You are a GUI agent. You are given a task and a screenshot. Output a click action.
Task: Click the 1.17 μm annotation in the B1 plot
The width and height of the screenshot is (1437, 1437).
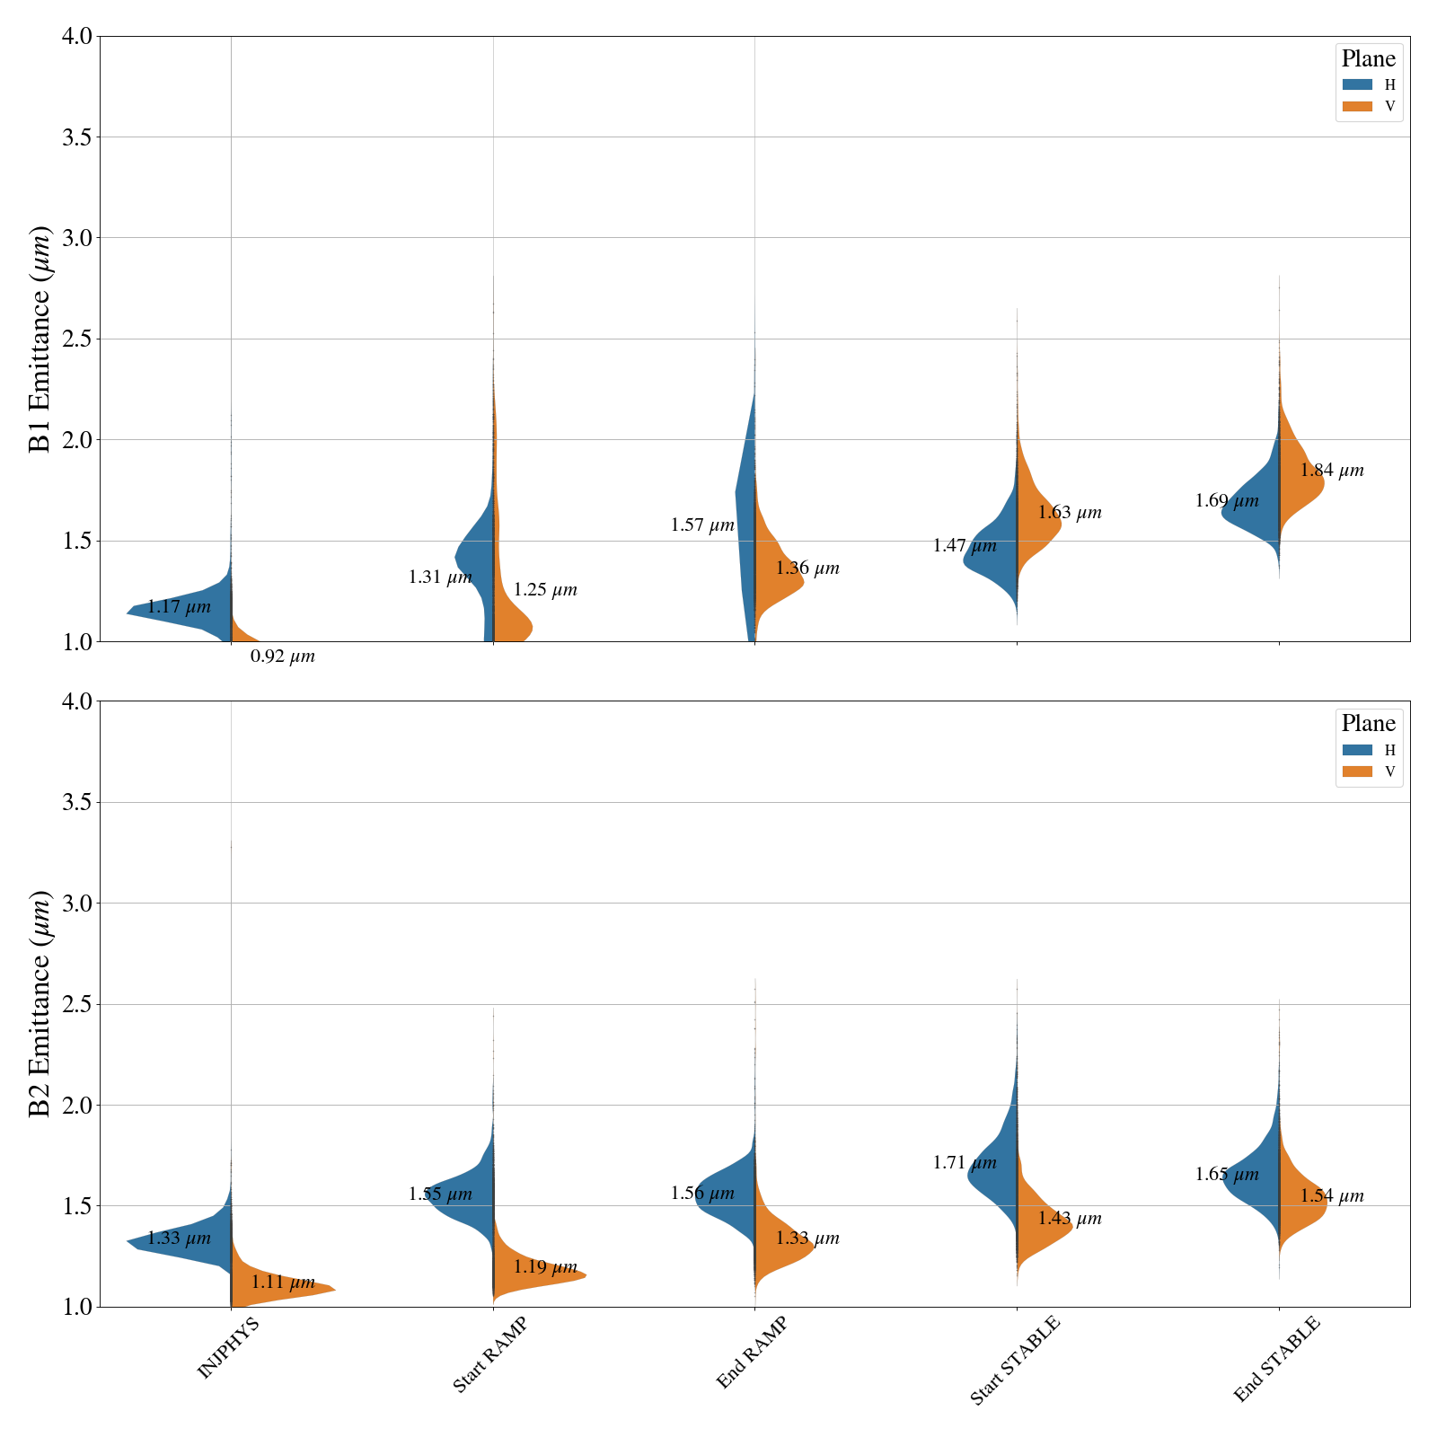coord(179,607)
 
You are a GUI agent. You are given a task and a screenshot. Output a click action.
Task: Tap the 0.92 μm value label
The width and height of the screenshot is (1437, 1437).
coord(282,657)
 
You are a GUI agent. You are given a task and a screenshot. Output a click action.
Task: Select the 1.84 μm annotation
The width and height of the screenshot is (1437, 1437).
coord(1331,471)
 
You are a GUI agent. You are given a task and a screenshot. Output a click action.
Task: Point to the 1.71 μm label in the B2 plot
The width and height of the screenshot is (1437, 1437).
coord(965,1163)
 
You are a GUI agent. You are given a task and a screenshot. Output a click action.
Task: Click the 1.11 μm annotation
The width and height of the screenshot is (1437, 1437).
coord(282,1283)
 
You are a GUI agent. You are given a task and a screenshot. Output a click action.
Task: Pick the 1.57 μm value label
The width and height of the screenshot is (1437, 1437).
coord(702,525)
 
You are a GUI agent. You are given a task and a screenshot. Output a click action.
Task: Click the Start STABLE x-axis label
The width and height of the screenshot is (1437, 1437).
coord(1015,1360)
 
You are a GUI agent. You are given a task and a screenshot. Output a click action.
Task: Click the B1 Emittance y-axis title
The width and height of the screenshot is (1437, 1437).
coord(40,339)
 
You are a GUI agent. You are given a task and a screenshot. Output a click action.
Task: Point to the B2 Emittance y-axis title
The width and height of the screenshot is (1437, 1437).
coord(40,1004)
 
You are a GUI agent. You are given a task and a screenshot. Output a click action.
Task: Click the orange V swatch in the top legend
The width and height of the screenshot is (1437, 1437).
coord(1357,106)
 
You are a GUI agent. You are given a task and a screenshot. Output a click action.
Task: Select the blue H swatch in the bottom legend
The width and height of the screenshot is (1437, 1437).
coord(1357,750)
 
